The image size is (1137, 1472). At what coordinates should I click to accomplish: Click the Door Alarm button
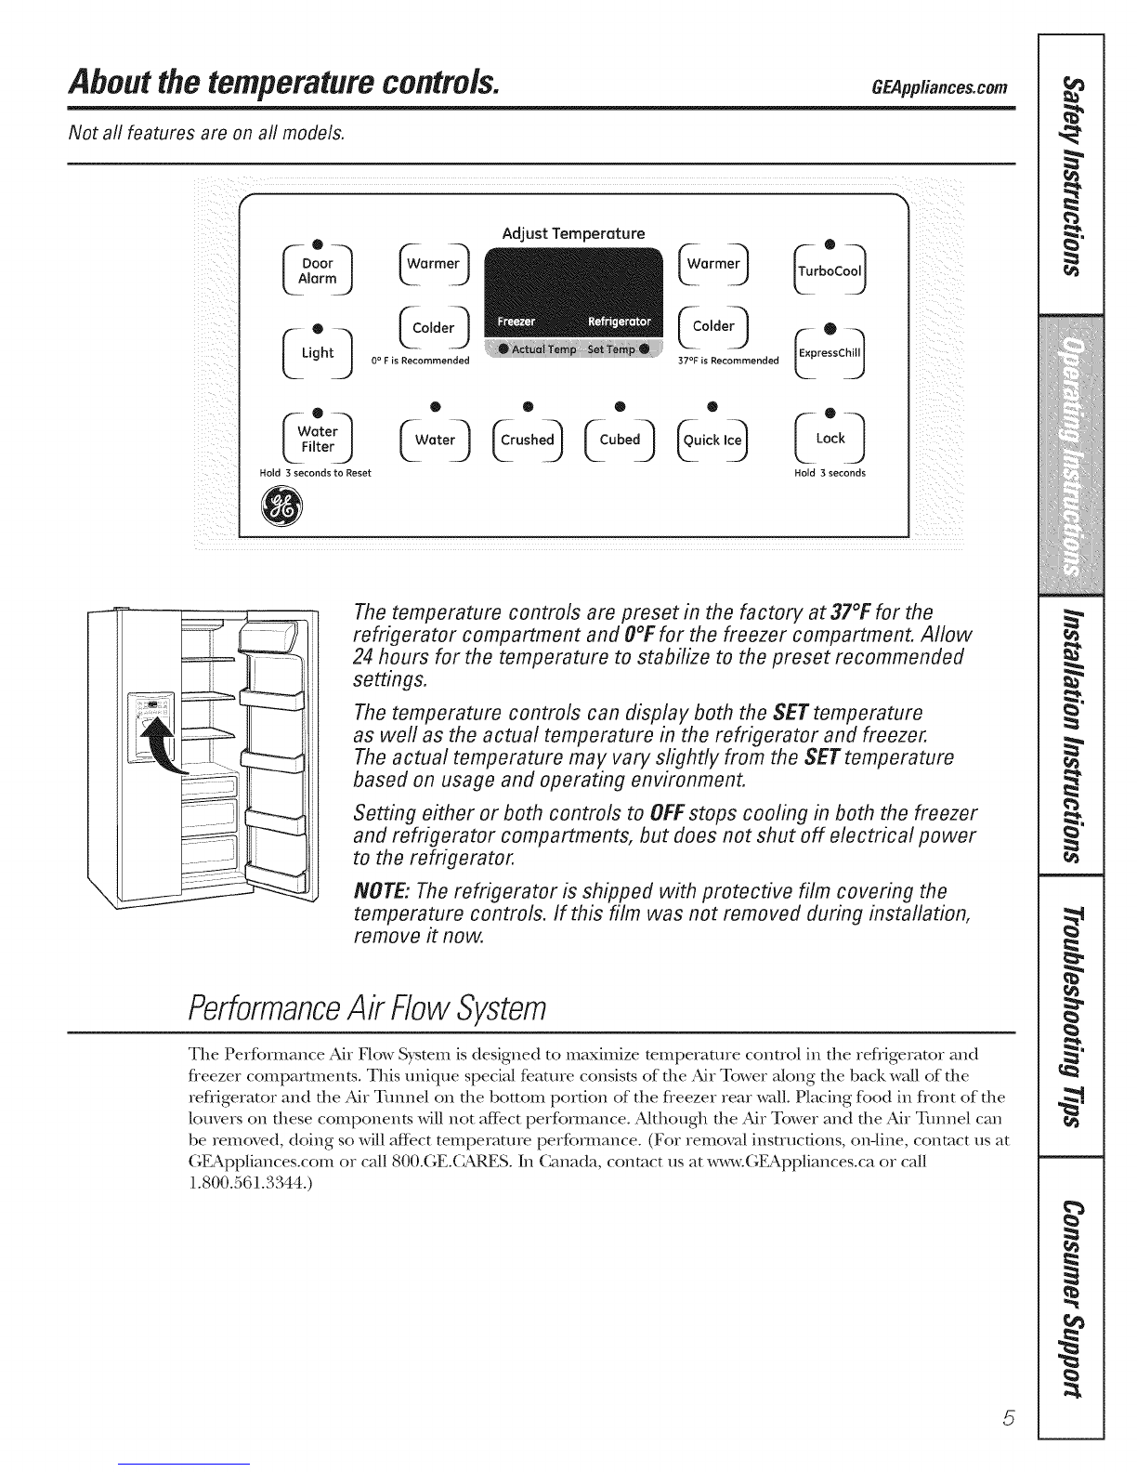[318, 271]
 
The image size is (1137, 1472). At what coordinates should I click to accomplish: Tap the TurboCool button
[830, 271]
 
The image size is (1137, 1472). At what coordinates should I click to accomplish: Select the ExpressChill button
[830, 353]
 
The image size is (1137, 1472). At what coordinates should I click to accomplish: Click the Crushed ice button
[528, 440]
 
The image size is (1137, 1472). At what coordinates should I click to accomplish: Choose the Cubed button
[620, 440]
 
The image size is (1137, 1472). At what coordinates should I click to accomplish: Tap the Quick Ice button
[712, 440]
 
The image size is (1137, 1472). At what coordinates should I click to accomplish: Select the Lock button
[830, 439]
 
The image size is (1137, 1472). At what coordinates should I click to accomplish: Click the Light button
[318, 353]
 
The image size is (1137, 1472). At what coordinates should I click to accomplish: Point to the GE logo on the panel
[281, 507]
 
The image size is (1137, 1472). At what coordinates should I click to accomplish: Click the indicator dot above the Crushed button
[529, 406]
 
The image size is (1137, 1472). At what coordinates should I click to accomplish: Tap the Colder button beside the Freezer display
[434, 328]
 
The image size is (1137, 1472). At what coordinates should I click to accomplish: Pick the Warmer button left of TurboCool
[713, 264]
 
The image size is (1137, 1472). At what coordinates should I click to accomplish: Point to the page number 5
[1009, 1418]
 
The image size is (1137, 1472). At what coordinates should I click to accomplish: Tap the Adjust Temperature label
[573, 233]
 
